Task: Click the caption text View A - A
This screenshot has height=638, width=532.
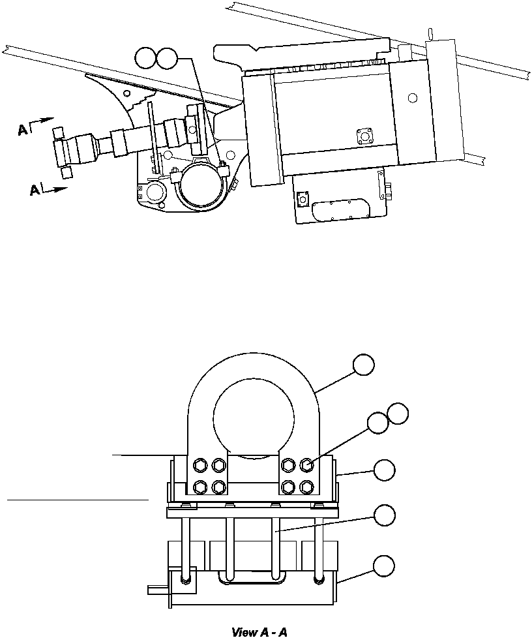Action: (x=259, y=632)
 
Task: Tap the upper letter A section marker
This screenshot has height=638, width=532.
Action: (x=23, y=130)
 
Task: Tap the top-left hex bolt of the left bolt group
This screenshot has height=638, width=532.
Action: (x=200, y=465)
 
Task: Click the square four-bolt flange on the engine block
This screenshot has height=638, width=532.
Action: (x=364, y=137)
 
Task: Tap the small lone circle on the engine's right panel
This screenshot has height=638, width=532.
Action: (x=411, y=98)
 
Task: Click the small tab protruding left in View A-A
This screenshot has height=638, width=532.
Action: (x=157, y=590)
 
